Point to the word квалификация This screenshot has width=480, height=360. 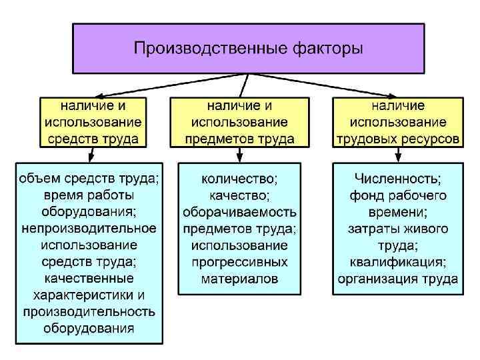point(397,262)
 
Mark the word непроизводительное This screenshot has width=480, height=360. point(89,229)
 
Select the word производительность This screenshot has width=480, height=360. point(89,311)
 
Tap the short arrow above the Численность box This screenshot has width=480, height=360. point(397,155)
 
